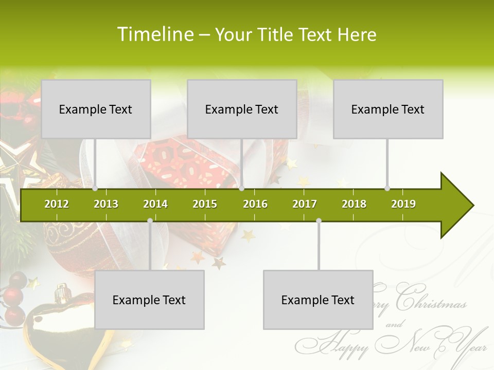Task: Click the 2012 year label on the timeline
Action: click(57, 204)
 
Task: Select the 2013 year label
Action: click(106, 204)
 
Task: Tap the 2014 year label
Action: click(155, 204)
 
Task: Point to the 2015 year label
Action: click(205, 204)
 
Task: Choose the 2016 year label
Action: click(255, 204)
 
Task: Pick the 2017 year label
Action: click(305, 204)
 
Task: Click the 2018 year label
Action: click(354, 204)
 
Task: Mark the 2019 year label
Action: click(403, 204)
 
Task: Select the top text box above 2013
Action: click(96, 109)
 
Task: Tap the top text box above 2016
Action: click(242, 109)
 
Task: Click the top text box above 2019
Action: click(388, 109)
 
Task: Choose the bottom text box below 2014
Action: click(149, 300)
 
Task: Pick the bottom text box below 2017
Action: click(318, 300)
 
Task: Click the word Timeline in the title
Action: click(154, 34)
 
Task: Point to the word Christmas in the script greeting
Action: click(432, 301)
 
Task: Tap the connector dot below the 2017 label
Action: click(319, 221)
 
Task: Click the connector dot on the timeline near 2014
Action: click(150, 221)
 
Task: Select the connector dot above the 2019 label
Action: click(387, 189)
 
